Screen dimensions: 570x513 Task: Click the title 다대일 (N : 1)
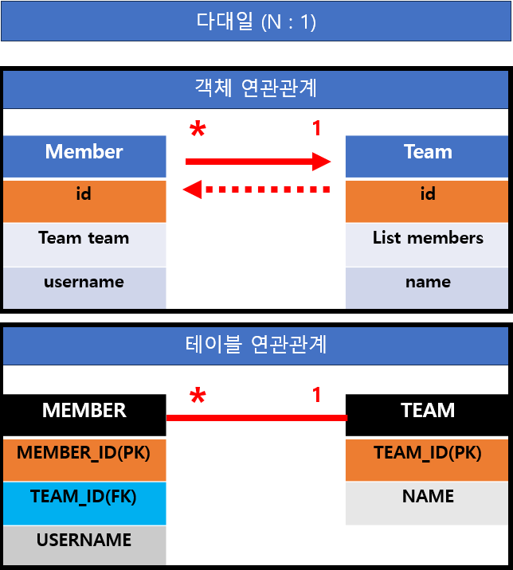tap(256, 21)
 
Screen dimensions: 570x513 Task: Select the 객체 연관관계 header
tap(256, 88)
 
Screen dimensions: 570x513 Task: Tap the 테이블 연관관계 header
tap(256, 345)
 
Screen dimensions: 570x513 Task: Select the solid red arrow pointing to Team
tap(256, 162)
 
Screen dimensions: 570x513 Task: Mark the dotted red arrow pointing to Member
tap(256, 189)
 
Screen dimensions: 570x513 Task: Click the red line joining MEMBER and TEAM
tap(256, 417)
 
